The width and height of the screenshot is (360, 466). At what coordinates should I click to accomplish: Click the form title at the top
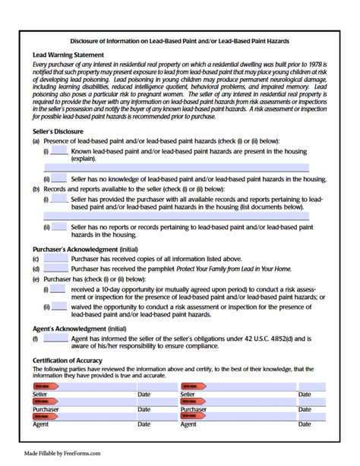click(x=180, y=39)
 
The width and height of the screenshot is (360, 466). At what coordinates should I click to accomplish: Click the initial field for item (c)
click(x=55, y=259)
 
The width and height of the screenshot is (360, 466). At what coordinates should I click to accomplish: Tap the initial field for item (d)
click(x=55, y=268)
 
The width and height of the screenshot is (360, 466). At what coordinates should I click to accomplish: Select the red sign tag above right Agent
click(x=193, y=415)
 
